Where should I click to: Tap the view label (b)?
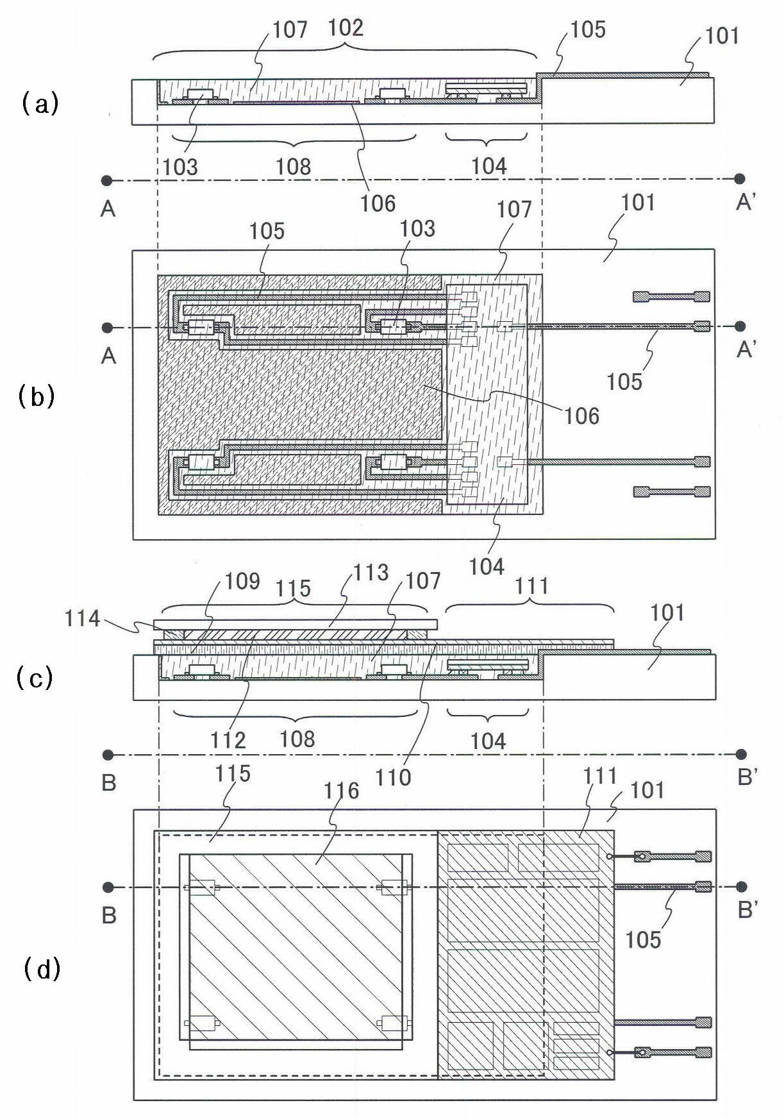coord(37,397)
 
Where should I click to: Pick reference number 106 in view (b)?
coord(582,416)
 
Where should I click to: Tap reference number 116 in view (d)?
coord(341,791)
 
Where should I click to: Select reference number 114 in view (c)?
coord(82,619)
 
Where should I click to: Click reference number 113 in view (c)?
coord(372,572)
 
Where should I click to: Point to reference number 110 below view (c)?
coord(393,777)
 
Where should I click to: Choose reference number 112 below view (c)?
coord(228,740)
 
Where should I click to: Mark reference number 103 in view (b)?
coord(417,228)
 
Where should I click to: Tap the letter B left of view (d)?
coord(109,914)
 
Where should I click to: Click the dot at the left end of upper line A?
coord(107,180)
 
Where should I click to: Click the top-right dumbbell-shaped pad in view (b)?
coord(671,296)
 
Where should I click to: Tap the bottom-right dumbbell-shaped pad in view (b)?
coord(671,492)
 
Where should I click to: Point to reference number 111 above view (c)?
coord(531,585)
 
